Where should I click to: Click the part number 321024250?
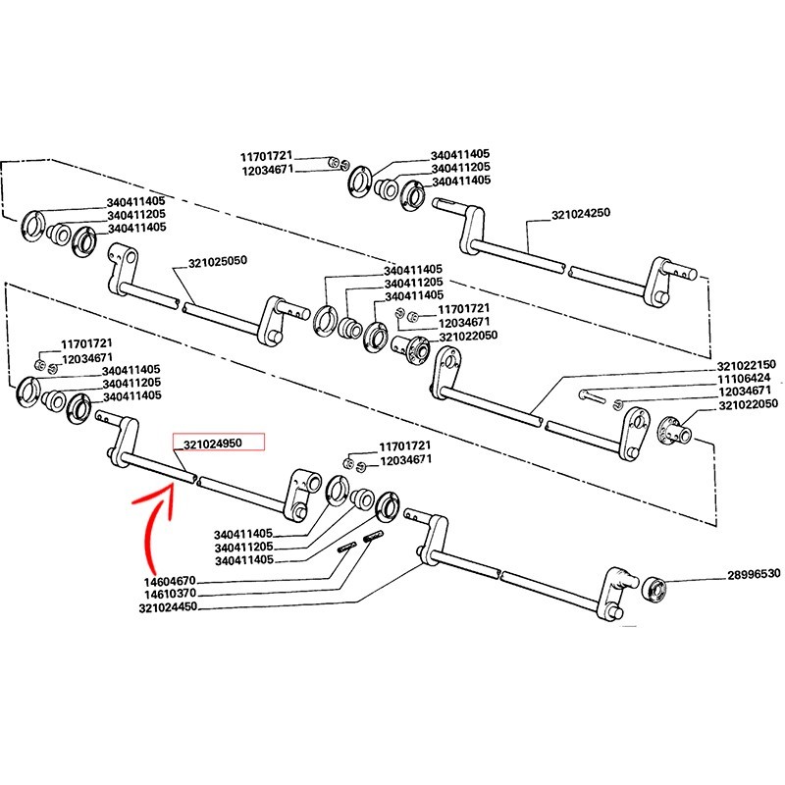(x=581, y=214)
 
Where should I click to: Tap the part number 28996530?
(x=753, y=575)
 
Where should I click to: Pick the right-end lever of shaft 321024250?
(x=661, y=280)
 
